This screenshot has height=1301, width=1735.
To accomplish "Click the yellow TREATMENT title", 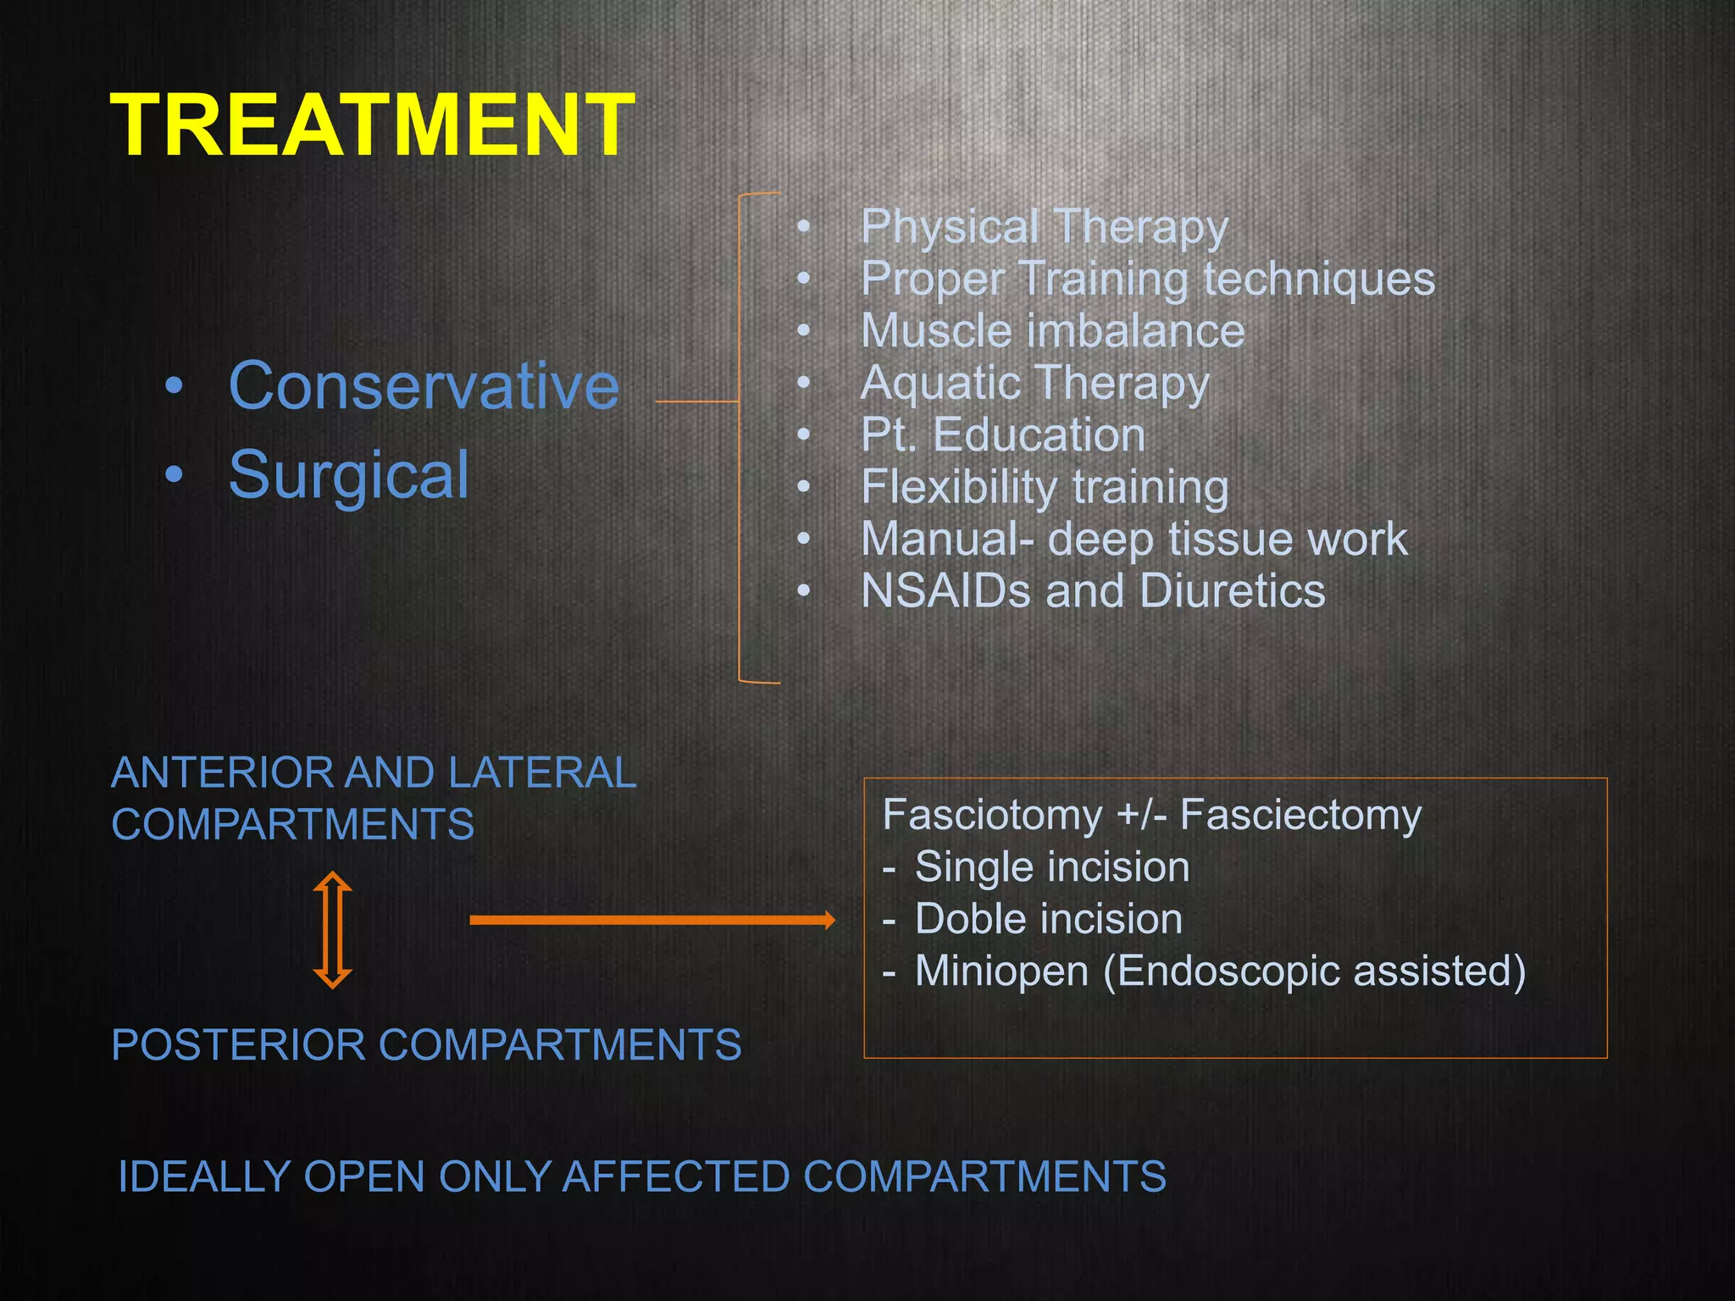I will pos(372,125).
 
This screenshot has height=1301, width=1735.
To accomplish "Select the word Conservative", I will pos(424,386).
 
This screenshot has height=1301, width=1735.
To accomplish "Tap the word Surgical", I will pos(348,475).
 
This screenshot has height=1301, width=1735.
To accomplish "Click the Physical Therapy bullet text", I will pos(1044,227).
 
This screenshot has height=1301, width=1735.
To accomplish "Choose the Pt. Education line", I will pos(1002,435).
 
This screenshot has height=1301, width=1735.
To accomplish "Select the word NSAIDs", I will pos(945,591).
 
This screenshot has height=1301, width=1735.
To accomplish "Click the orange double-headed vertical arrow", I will pos(332,930).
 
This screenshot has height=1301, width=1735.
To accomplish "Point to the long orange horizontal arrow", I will pos(651,920).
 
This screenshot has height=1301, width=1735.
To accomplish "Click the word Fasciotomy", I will pos(992,815).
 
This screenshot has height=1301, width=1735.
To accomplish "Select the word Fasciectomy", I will pos(1300,815).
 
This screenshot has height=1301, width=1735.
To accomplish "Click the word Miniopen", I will pos(1001,971).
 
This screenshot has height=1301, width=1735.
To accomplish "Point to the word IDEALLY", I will pos(203,1176).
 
